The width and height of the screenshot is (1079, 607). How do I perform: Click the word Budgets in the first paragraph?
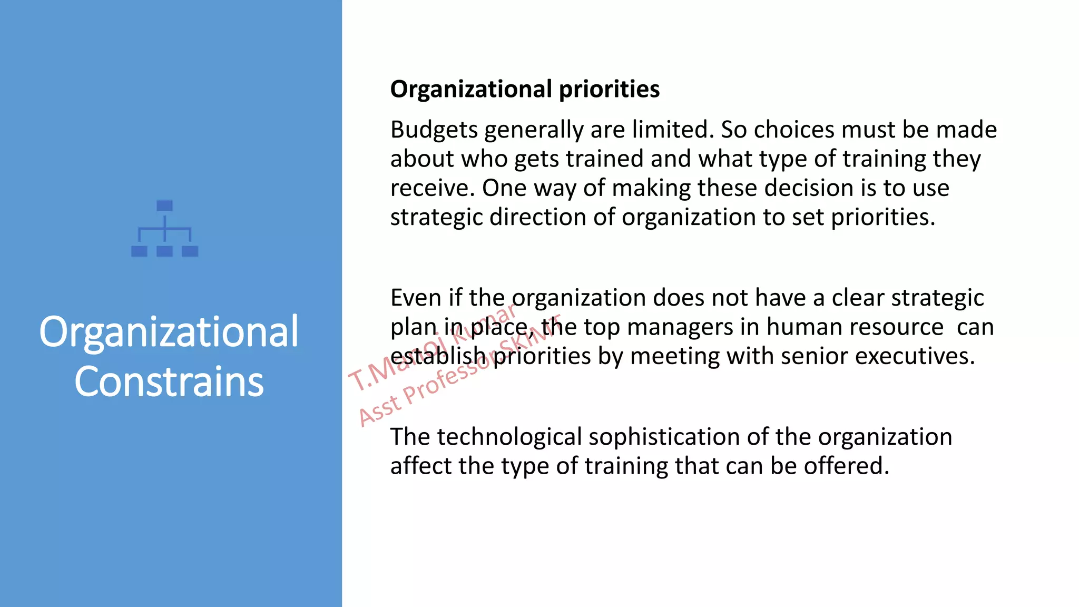click(434, 130)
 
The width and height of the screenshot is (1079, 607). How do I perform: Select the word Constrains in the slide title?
click(169, 381)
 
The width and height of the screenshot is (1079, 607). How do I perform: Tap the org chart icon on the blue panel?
click(165, 229)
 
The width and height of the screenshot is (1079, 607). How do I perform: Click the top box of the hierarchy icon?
click(165, 205)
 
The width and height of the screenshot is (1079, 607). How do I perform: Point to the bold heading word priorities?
click(609, 89)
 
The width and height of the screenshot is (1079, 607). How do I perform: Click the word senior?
click(814, 356)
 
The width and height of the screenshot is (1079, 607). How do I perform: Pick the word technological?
click(509, 437)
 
